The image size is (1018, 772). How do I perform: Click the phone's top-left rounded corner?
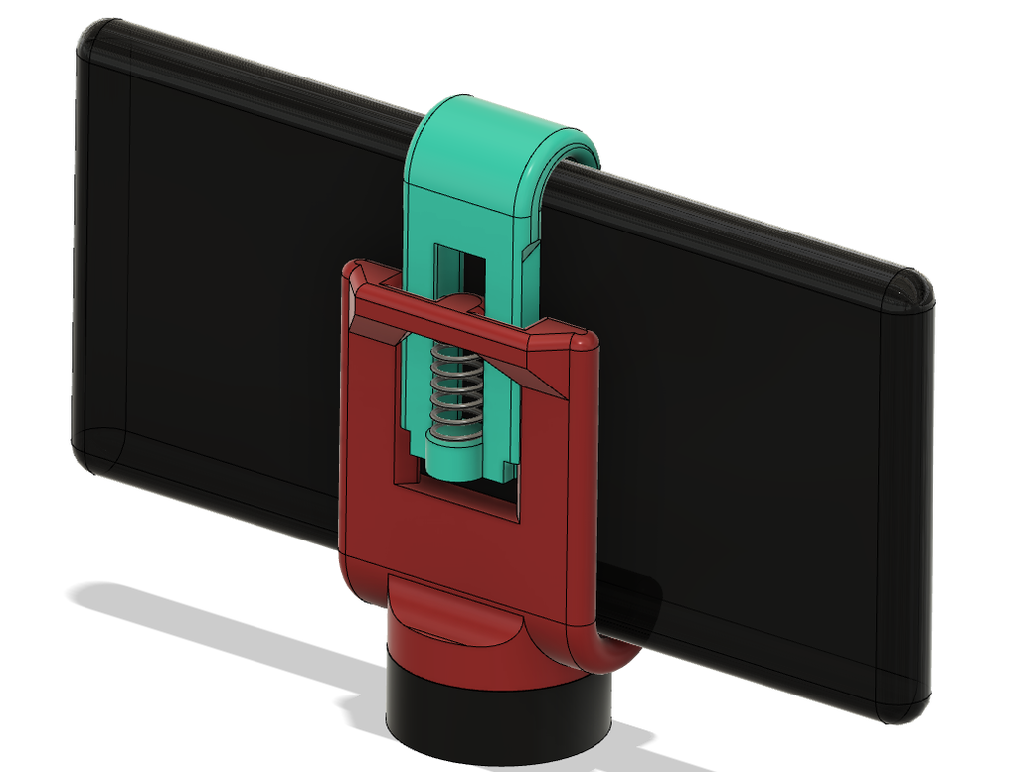click(99, 40)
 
